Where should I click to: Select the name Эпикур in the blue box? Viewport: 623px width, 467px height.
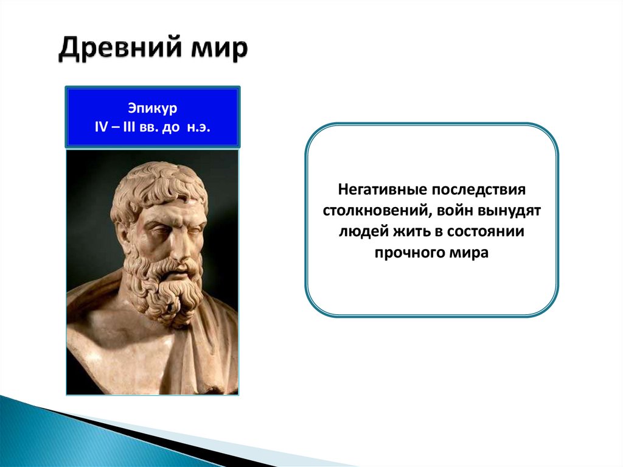click(153, 108)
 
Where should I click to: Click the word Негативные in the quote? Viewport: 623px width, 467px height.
click(382, 190)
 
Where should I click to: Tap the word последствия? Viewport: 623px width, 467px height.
click(478, 190)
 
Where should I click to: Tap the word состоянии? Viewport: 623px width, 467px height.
click(485, 232)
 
